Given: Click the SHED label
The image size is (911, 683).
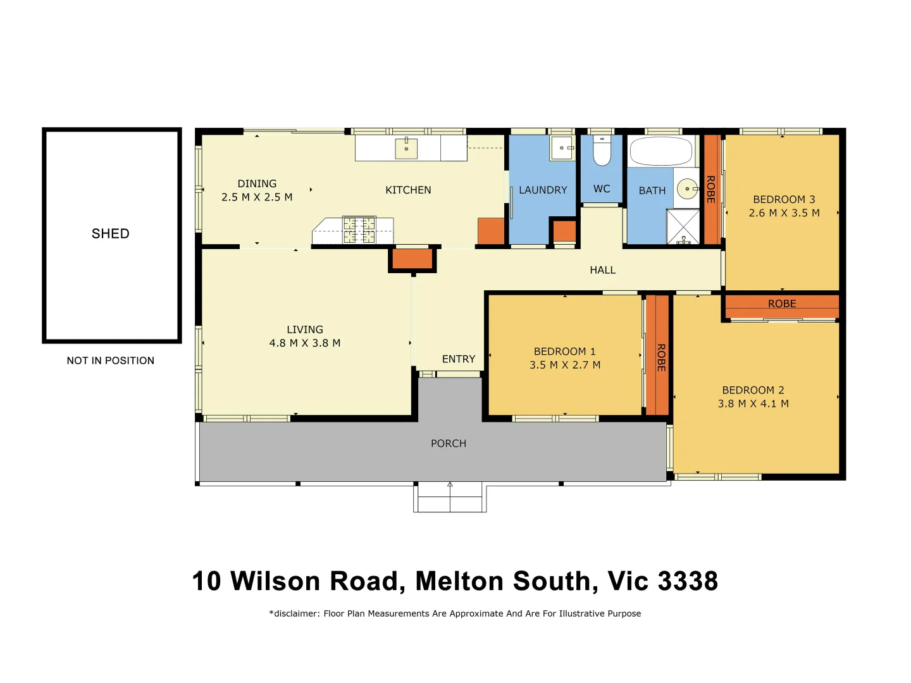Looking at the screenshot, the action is (x=111, y=233).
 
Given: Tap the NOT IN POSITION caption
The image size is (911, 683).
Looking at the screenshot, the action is (x=111, y=360).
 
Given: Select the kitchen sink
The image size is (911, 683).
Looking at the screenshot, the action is (x=406, y=149).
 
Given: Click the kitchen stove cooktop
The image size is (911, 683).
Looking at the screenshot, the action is (x=359, y=230).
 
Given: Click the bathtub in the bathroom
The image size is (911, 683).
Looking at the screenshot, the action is (x=661, y=152).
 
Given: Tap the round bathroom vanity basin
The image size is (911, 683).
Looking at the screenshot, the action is (x=687, y=188).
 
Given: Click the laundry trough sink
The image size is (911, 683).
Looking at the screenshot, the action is (x=562, y=148).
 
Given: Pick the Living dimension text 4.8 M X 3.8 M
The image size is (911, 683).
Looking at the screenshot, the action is (x=305, y=343).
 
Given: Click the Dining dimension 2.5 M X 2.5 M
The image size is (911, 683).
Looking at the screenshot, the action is (x=257, y=197).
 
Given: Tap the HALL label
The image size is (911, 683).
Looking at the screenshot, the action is (x=602, y=270).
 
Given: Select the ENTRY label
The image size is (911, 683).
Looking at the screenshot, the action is (x=459, y=359).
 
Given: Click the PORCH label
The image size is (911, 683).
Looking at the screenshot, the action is (x=449, y=444).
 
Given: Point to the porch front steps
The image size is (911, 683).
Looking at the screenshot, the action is (x=450, y=498).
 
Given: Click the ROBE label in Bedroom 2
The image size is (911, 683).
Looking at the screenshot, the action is (x=782, y=304).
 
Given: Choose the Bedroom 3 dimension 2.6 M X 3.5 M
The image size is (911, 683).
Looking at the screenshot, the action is (x=784, y=213).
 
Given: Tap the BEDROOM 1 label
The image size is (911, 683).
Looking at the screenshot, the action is (x=564, y=352).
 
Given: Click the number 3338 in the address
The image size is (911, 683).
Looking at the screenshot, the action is (x=688, y=581).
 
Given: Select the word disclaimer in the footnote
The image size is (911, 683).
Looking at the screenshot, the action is (x=296, y=613).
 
